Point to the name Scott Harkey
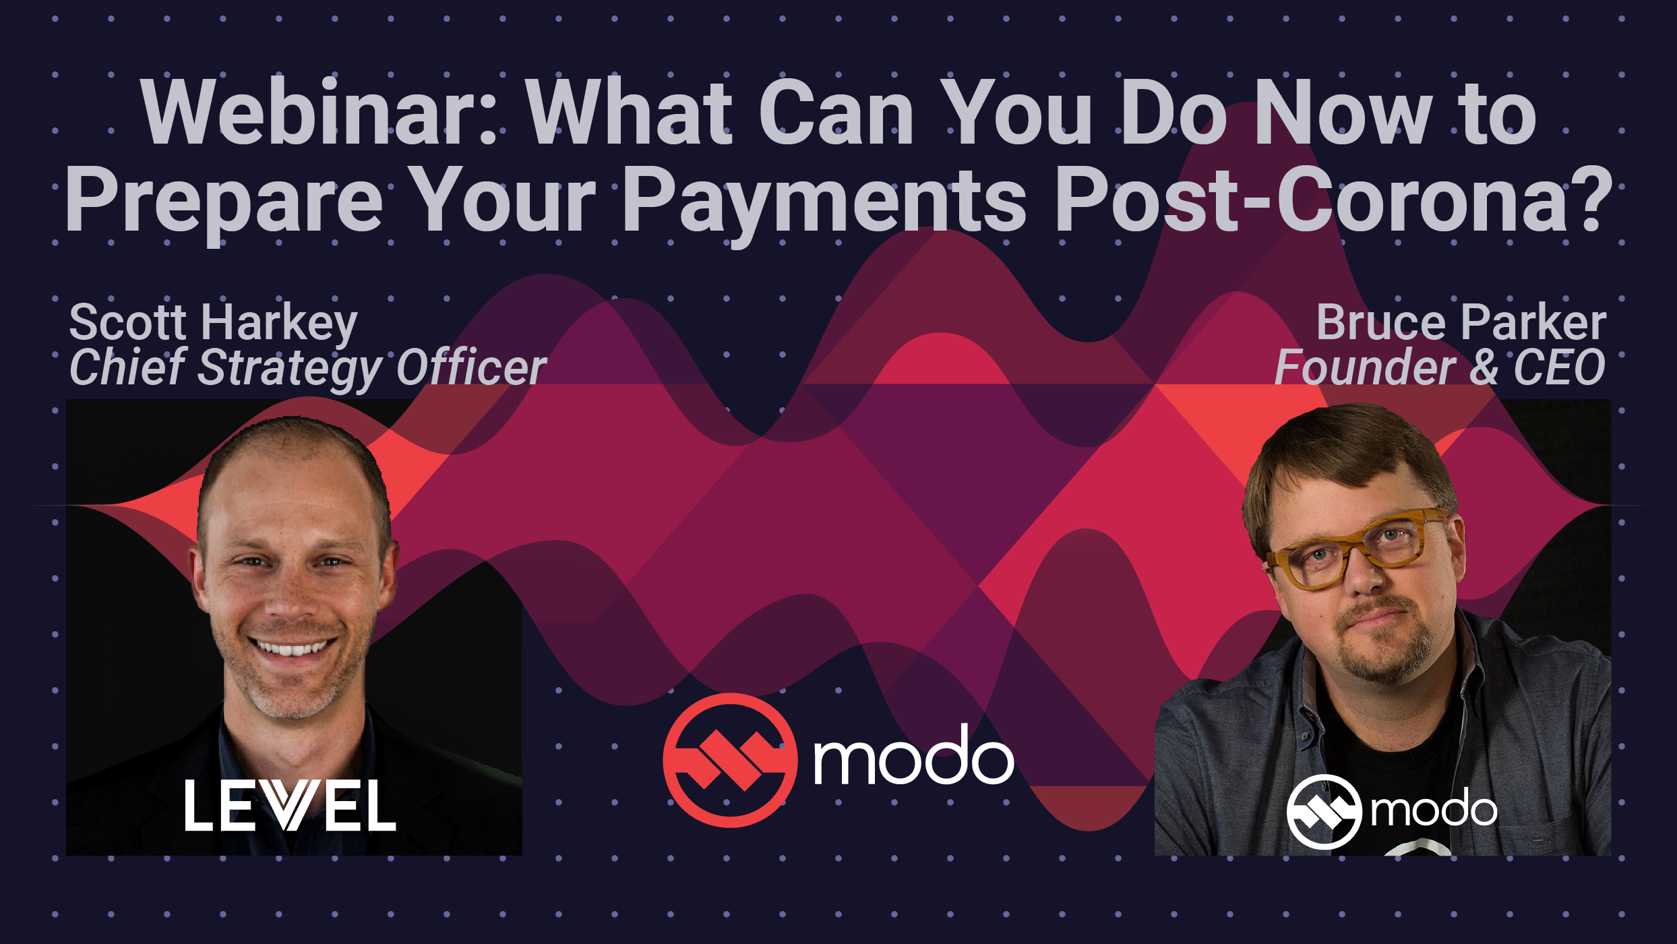(x=214, y=324)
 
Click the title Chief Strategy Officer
(x=308, y=368)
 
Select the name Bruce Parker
(x=1461, y=322)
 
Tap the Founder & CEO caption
(x=1440, y=367)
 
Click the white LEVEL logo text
(x=291, y=805)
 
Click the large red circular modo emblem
(x=730, y=760)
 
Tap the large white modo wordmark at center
(x=913, y=756)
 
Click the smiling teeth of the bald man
(x=292, y=648)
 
